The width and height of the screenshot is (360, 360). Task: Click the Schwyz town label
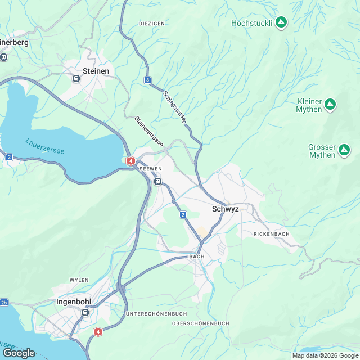coord(226,209)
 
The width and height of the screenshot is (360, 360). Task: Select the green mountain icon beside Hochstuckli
coord(281,23)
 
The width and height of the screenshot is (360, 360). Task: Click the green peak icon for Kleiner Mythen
coord(331,105)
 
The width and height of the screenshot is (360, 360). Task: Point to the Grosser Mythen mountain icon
coord(344,151)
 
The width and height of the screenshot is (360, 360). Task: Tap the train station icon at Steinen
coord(76,79)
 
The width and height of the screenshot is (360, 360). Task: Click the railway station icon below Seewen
coord(158,182)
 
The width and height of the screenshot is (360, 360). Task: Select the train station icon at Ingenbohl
coord(85,312)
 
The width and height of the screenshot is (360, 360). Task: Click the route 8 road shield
coord(147,80)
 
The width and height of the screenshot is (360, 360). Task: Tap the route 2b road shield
coord(4,302)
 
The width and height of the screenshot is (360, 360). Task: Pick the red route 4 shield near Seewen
coord(131,161)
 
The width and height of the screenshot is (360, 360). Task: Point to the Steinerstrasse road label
coord(149,132)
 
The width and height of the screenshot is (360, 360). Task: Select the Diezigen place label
coord(151,24)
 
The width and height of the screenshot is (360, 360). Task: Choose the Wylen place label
coord(79,280)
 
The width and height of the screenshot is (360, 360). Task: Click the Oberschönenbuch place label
coord(200,323)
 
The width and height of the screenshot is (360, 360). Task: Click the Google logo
coord(19,353)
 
